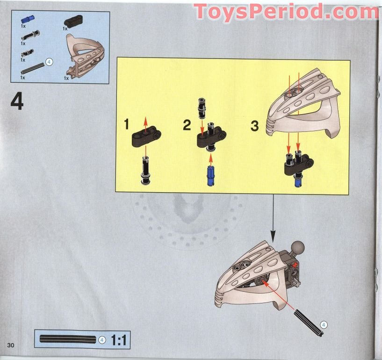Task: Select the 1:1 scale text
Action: click(118, 340)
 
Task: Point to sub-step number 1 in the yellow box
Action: click(127, 124)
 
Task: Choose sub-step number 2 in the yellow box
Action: click(187, 125)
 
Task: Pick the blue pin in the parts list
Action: click(28, 20)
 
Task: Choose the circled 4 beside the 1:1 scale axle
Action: click(102, 340)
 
